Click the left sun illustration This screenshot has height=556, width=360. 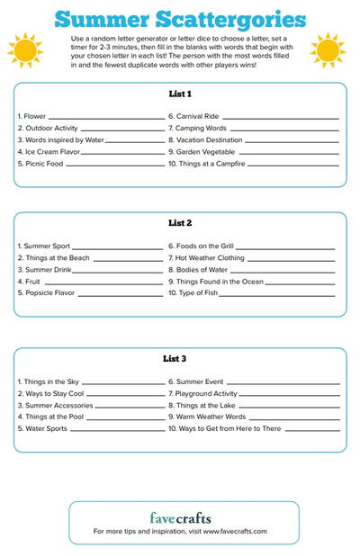pyautogui.click(x=24, y=51)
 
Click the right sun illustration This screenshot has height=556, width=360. pyautogui.click(x=328, y=51)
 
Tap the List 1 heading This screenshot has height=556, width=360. pyautogui.click(x=180, y=94)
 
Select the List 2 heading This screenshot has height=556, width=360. pyautogui.click(x=180, y=222)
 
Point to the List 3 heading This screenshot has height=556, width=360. pyautogui.click(x=180, y=358)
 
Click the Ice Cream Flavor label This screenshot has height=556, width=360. pyautogui.click(x=48, y=152)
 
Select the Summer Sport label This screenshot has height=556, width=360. pyautogui.click(x=44, y=246)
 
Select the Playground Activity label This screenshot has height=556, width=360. pyautogui.click(x=206, y=393)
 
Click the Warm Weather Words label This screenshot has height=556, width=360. pyautogui.click(x=210, y=417)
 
